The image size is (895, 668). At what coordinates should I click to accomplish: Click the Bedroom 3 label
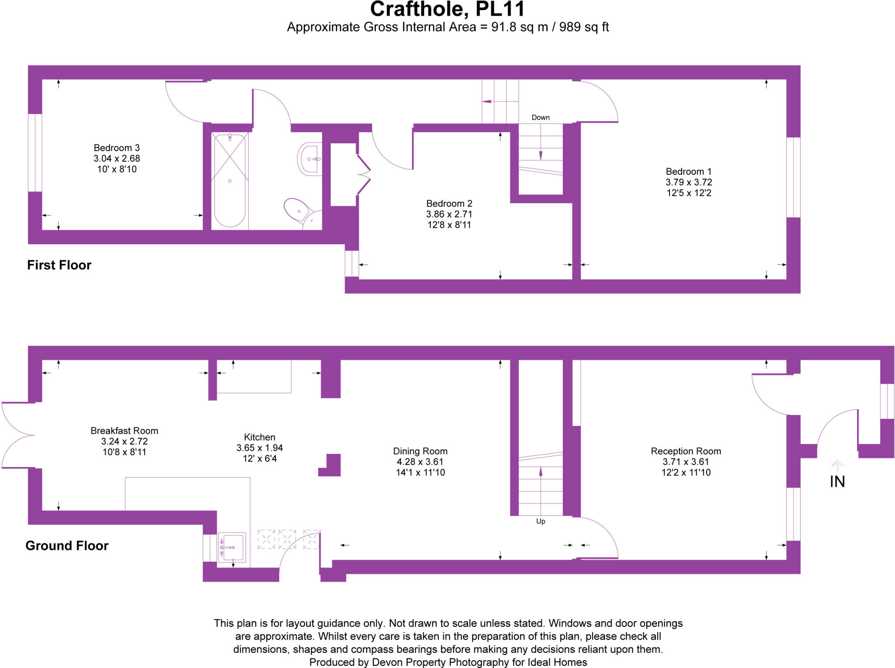117,148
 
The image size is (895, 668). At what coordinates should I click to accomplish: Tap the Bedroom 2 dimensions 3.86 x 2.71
449,214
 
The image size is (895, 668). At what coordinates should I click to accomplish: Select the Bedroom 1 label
688,171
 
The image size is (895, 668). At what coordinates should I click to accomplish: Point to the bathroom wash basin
310,159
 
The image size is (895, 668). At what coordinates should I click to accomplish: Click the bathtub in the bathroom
229,180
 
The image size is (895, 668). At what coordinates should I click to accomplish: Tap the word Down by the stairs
540,118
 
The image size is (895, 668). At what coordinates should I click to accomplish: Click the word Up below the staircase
540,521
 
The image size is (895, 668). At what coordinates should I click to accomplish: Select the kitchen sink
232,547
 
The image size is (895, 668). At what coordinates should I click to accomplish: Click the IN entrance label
837,481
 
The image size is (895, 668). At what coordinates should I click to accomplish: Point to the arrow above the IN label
837,465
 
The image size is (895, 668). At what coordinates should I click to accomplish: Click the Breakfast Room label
124,430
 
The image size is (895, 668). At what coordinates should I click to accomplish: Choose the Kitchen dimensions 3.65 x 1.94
260,448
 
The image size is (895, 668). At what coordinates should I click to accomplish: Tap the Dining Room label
420,451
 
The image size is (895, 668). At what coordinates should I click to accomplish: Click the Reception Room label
685,451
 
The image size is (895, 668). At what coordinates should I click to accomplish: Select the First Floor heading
59,265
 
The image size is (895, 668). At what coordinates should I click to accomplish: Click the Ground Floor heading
66,545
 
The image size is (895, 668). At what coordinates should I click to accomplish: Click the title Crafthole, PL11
447,10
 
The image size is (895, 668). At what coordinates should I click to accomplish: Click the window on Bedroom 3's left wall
35,152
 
